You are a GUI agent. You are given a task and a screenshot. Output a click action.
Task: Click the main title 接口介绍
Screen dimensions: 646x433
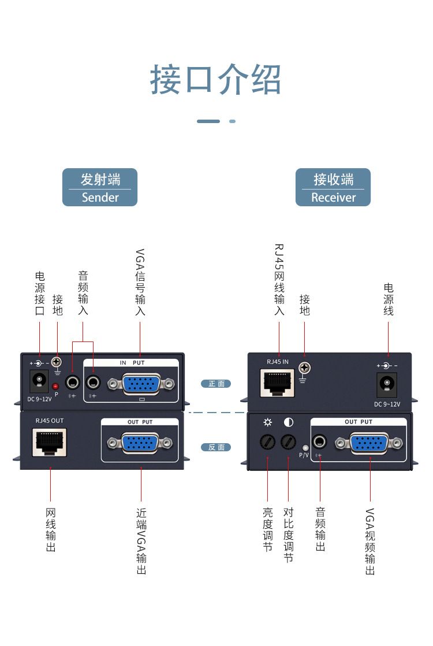point(216,80)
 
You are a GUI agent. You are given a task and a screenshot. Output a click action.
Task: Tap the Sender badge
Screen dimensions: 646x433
point(100,187)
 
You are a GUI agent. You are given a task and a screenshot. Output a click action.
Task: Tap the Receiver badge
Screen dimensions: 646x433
point(333,187)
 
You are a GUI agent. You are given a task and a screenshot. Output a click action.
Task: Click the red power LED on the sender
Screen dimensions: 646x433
point(55,386)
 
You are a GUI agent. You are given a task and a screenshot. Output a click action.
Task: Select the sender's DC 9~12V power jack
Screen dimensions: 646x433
point(39,380)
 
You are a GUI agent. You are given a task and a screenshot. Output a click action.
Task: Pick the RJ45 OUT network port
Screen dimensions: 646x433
point(50,441)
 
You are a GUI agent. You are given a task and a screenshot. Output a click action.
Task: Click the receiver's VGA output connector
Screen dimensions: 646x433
point(369,443)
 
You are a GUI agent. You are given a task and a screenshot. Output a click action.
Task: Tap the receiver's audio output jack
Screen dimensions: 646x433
point(319,443)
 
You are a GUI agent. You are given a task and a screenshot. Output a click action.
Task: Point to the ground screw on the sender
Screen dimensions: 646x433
point(57,363)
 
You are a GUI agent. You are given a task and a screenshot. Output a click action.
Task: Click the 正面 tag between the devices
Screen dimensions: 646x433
point(216,384)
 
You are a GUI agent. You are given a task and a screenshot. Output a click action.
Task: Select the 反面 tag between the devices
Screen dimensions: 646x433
point(216,447)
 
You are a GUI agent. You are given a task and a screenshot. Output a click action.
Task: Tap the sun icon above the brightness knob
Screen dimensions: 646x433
point(268,422)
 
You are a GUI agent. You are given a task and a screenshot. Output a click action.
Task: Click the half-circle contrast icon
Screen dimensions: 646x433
point(289,422)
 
